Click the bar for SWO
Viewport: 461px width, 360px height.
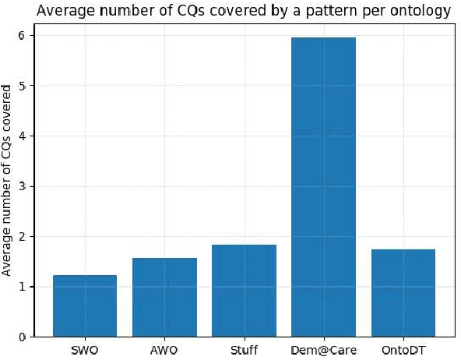click(x=85, y=305)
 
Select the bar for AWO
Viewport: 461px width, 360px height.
click(x=164, y=297)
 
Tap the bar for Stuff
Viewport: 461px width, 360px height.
click(x=244, y=290)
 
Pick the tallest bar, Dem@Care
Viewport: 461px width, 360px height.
click(x=323, y=187)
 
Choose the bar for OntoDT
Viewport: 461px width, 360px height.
click(x=403, y=292)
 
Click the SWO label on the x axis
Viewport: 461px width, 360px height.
click(x=85, y=350)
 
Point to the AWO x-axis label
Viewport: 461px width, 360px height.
click(x=164, y=350)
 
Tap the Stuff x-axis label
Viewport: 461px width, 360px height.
click(x=244, y=350)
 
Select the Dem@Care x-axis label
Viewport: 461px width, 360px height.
click(x=323, y=350)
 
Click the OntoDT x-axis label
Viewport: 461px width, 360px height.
click(x=403, y=350)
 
